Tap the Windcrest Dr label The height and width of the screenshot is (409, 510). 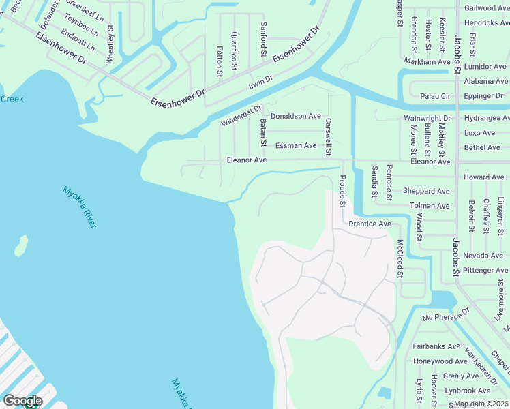point(241,116)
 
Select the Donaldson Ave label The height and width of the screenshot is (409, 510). point(295,116)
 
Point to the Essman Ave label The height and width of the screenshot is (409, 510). point(296,145)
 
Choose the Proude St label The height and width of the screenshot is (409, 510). point(342,190)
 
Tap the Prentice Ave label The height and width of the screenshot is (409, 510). point(370,224)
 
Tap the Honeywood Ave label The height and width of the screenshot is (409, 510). point(440,361)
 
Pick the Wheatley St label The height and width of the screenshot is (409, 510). point(109,45)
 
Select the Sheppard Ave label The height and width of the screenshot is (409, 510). point(426,191)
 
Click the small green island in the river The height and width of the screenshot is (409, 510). point(22,245)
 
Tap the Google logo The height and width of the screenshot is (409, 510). point(22,401)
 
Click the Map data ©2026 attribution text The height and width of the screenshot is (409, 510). point(481,404)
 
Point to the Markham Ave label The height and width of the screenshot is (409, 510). point(427,61)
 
